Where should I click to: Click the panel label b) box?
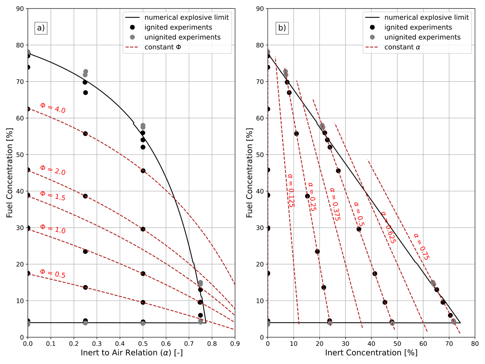point(281,28)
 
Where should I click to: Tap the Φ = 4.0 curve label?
point(53,108)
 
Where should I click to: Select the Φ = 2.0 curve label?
point(53,170)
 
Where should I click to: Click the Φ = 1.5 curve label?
point(53,196)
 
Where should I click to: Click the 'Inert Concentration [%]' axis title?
point(371,353)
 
